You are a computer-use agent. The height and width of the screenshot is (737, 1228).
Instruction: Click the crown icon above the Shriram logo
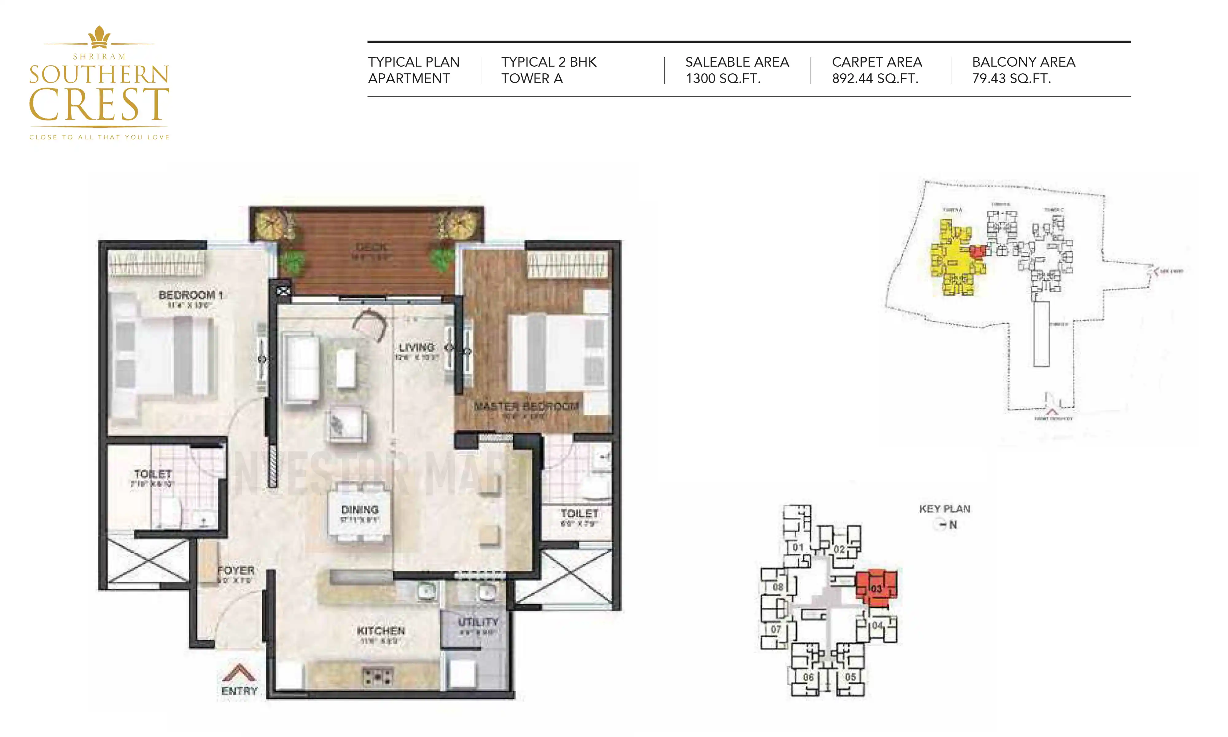pos(99,36)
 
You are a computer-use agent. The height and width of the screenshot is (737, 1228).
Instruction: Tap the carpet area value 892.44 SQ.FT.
pos(875,79)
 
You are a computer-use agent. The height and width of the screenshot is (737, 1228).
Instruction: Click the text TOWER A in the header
pos(532,79)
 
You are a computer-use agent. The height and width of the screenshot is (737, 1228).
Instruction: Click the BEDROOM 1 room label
pos(191,295)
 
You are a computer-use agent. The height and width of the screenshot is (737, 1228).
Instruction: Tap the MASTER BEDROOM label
pos(526,406)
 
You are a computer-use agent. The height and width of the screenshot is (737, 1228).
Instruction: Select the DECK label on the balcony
pos(371,247)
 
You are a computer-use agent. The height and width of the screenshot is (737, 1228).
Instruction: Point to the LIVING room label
pos(417,348)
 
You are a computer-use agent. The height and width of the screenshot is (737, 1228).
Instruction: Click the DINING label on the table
pos(360,510)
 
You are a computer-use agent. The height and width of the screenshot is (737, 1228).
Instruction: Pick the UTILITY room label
pos(477,622)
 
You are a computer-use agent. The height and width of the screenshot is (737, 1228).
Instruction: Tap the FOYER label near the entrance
pos(236,571)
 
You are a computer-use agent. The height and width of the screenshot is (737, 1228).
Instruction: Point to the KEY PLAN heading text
pos(944,509)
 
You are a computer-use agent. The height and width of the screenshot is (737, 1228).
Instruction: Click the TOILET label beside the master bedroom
pos(579,513)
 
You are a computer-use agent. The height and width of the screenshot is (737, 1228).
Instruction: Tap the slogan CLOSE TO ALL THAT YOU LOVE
pos(99,137)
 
